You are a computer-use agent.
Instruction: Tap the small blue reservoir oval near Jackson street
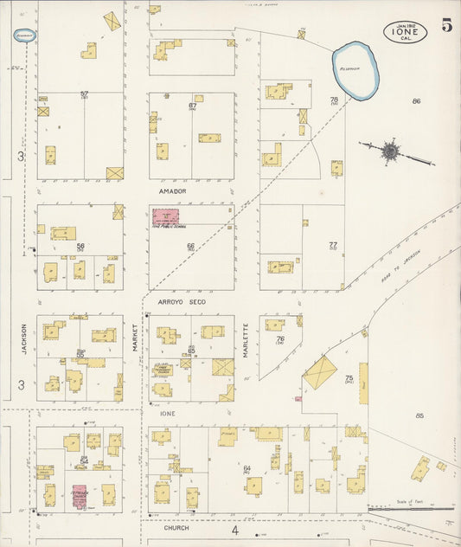point(23,35)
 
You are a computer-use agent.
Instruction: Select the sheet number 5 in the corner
point(446,26)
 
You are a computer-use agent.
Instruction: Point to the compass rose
point(391,151)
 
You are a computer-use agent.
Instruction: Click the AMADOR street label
point(173,190)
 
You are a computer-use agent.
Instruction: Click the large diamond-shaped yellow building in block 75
point(320,372)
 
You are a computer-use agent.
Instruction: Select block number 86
point(416,101)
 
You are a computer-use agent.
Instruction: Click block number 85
point(419,415)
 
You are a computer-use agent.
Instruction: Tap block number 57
point(84,93)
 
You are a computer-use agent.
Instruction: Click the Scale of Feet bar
point(410,509)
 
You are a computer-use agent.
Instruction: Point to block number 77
point(332,245)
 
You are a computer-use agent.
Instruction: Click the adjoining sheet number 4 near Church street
point(234,529)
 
